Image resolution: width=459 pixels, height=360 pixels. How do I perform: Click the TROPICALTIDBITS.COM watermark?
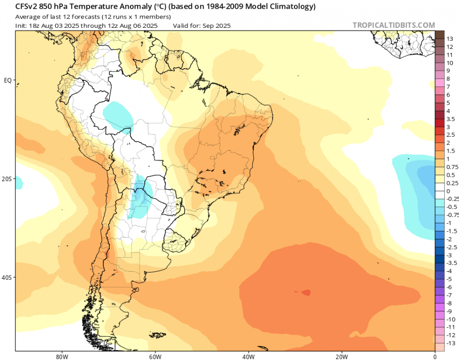point(394,25)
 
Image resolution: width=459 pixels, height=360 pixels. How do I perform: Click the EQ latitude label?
point(7,80)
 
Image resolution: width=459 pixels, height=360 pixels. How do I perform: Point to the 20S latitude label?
point(7,179)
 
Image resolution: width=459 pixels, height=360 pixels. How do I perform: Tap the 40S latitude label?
point(7,277)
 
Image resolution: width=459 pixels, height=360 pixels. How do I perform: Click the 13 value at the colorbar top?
point(450,39)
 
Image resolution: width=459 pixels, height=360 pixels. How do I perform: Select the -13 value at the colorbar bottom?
point(451,343)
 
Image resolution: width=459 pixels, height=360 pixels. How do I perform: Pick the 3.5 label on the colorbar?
point(451,119)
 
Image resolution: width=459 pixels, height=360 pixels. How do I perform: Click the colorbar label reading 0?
point(448,191)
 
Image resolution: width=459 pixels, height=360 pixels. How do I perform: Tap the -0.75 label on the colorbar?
point(453,215)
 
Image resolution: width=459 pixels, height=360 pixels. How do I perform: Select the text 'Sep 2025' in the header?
point(217,25)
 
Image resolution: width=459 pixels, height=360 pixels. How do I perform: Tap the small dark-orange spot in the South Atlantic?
point(305,292)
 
